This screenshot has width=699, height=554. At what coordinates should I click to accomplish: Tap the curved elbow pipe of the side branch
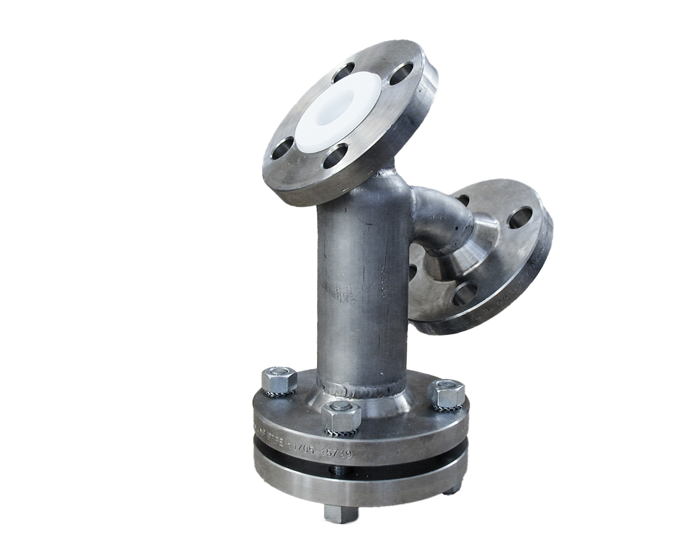tap(437, 218)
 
